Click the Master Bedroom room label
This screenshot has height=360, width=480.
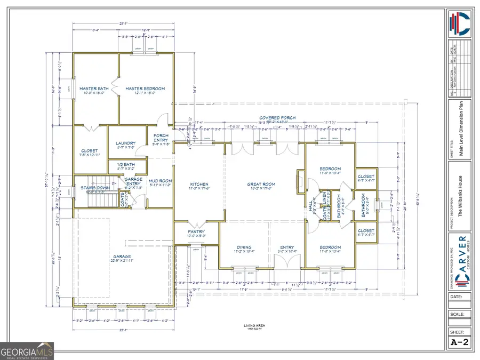point(145,89)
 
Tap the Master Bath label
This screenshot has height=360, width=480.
point(94,89)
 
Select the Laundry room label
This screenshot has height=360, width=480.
point(126,143)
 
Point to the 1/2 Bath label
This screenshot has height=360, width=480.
point(126,165)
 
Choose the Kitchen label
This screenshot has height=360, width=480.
point(198,185)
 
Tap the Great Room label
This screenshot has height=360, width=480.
point(260,185)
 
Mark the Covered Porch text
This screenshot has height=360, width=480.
point(277,118)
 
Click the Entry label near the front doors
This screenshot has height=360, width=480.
point(287,247)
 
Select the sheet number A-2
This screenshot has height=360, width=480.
point(460,342)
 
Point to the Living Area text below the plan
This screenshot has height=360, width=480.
point(254,325)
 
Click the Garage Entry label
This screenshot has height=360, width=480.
point(133,181)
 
